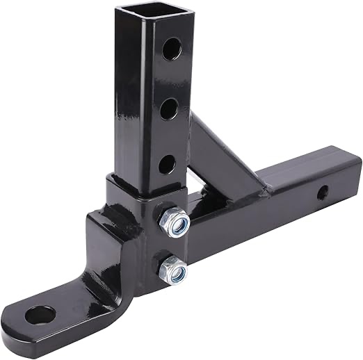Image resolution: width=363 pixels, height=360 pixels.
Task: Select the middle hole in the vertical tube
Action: pyautogui.click(x=168, y=108)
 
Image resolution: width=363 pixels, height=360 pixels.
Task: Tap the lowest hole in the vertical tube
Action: pyautogui.click(x=167, y=164)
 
